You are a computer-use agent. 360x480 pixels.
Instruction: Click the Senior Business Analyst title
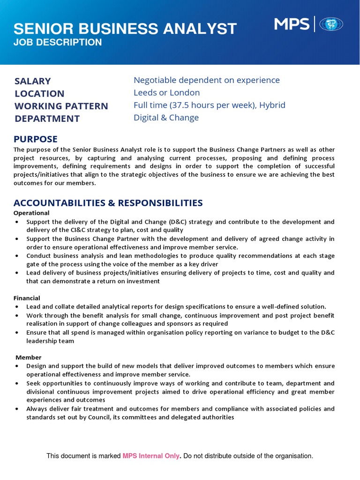coord(125,29)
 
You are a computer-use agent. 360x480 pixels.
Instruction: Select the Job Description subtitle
coord(58,43)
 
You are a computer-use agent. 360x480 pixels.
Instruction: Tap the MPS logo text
coord(291,24)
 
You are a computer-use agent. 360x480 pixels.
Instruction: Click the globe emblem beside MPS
coord(331,24)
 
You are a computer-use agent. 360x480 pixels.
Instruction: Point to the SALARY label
coord(33,81)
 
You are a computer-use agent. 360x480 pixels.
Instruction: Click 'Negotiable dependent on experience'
coord(207,80)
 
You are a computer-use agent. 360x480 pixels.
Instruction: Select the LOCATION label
coord(39,94)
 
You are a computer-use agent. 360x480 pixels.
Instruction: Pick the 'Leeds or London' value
coord(167,93)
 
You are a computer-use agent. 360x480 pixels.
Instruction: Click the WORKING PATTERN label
coord(61,106)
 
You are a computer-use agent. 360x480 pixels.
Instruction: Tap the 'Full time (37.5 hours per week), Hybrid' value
coord(210,105)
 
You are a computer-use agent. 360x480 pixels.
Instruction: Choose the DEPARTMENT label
coord(47,119)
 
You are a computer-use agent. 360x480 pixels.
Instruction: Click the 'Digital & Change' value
coord(166,118)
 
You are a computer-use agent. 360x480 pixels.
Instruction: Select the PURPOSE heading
coord(36,139)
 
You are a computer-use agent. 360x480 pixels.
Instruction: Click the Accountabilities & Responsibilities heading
coord(108,203)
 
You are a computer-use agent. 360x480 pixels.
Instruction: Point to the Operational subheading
coord(31,213)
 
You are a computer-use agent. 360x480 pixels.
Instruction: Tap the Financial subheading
coord(27,298)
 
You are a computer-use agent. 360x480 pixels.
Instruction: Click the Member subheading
coord(29,358)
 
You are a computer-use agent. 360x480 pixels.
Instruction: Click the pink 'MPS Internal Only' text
coord(151,456)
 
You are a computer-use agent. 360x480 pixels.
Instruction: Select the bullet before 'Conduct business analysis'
coord(17,256)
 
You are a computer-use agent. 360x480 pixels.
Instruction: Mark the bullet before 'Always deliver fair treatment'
coord(17,409)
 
